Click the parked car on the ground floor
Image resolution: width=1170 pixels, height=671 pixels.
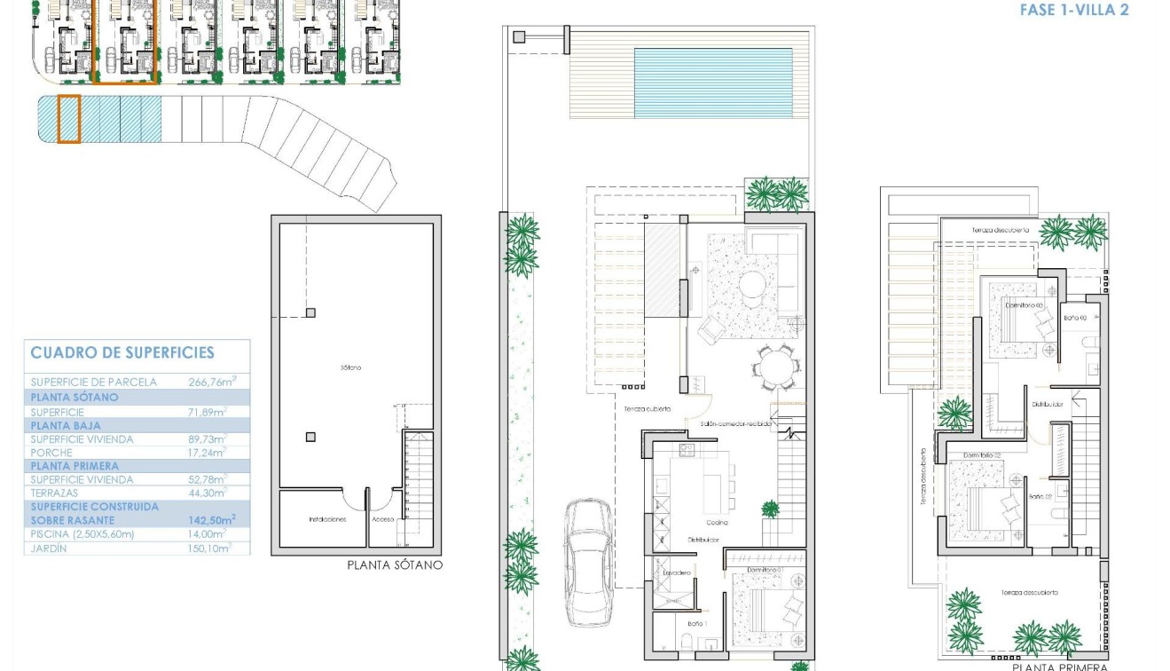[x=588, y=561]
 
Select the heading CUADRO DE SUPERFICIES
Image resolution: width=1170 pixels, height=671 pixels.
[x=122, y=352]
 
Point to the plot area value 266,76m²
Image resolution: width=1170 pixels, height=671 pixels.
[x=208, y=383]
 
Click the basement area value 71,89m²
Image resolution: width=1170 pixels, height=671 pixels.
[x=208, y=413]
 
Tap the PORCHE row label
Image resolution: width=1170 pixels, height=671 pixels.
[x=51, y=453]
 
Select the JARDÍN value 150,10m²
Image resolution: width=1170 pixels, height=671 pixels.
[x=209, y=549]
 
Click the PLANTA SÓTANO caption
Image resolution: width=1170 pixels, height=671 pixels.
[x=394, y=564]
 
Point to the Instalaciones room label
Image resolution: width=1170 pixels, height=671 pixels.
[x=326, y=519]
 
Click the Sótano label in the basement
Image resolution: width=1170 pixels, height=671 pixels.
[x=349, y=367]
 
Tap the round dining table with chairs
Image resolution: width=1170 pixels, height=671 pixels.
[x=777, y=366]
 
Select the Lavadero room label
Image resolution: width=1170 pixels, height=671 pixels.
[x=677, y=572]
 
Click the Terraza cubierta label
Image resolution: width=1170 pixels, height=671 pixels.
[x=646, y=408]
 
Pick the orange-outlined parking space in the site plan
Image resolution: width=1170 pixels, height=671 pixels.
[x=69, y=119]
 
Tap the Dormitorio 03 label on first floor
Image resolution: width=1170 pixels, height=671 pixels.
[x=1024, y=304]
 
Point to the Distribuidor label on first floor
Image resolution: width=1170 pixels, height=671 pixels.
[x=1048, y=404]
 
